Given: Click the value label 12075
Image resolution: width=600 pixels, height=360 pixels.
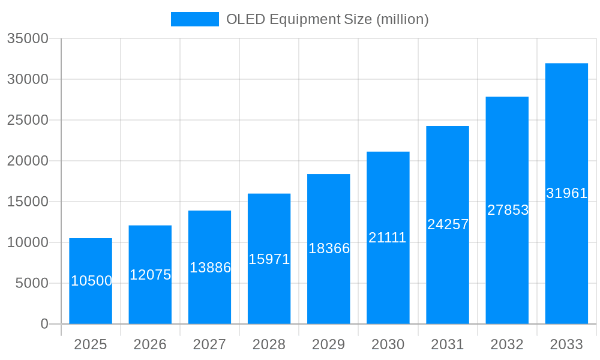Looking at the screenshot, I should tap(151, 275).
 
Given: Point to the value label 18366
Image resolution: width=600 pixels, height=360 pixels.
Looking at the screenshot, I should tap(329, 248).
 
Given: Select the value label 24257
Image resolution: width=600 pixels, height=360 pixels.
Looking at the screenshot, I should tap(448, 224).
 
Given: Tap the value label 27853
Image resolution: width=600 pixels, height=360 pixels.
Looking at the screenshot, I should tap(508, 210).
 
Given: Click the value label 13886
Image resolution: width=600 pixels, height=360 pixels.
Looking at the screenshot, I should tap(210, 268).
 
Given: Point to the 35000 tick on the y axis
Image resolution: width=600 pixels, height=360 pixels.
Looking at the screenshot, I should tap(27, 38).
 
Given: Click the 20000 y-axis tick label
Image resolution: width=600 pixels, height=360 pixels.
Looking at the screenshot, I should tap(27, 161).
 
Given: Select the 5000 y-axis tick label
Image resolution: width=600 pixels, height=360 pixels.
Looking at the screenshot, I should tap(31, 283).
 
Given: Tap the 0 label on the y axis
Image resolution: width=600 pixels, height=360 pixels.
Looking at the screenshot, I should tap(44, 324).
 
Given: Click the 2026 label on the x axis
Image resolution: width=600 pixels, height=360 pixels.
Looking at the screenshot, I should tap(150, 344).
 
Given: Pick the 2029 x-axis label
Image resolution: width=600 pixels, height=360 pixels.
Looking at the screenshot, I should tap(329, 344).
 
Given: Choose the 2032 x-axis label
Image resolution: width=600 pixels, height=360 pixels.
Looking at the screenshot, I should tap(507, 344).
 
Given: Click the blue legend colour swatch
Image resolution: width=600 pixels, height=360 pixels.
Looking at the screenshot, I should tap(194, 19).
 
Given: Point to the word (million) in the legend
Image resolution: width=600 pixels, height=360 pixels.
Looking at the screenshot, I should tap(402, 19).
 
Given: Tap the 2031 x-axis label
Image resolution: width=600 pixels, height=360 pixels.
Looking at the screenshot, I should tap(448, 344).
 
